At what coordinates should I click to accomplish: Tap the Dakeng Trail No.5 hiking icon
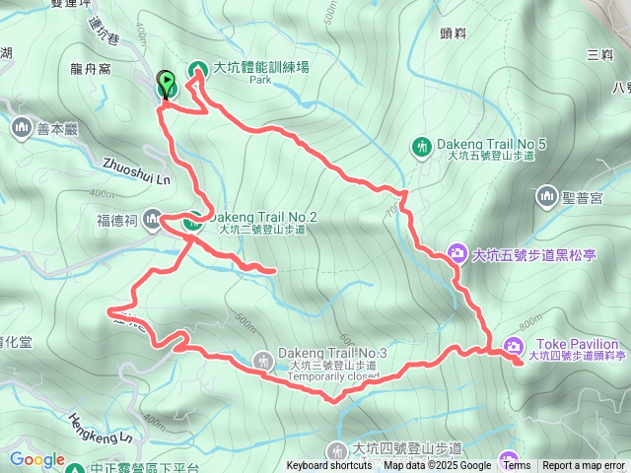(422, 147)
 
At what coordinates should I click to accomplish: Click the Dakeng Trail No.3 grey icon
(262, 360)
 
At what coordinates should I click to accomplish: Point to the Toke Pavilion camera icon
(513, 345)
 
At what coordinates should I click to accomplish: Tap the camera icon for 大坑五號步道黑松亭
(456, 254)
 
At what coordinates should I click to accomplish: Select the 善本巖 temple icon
(22, 127)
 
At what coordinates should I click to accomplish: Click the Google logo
(37, 459)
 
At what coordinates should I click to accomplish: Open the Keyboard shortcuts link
(329, 466)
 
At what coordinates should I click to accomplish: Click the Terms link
(516, 466)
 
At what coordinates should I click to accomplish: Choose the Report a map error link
(584, 466)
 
